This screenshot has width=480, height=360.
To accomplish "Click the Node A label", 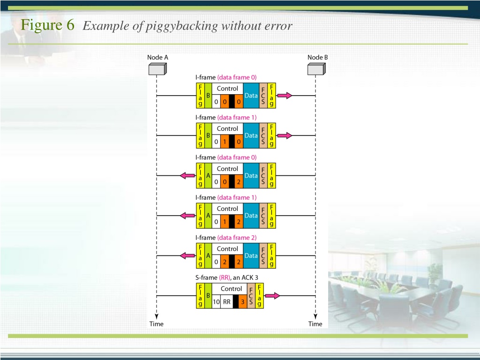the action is (157, 57).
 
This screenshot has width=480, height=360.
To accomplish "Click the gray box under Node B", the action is (316, 69).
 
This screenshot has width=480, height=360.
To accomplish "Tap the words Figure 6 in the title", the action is (47, 25).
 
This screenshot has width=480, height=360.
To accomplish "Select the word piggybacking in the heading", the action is (181, 26).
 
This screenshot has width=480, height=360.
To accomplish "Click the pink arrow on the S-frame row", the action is (272, 296).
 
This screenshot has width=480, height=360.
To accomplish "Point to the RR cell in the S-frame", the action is (227, 301).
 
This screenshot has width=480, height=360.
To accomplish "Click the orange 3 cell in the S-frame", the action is (243, 301).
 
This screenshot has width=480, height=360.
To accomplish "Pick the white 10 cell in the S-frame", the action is (217, 301).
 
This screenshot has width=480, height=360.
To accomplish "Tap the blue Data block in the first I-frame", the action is (251, 96).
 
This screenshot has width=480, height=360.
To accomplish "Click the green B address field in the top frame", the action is (208, 96).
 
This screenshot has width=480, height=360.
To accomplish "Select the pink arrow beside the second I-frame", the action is (285, 135).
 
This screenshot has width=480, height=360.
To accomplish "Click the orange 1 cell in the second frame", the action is (225, 142).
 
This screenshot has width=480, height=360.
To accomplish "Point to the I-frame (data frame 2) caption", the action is (226, 238).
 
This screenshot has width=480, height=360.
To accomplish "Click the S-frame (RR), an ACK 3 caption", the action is (227, 277).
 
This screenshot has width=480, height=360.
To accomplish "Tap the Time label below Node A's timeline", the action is (157, 324).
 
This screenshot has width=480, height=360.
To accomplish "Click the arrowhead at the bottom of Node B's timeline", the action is (315, 316).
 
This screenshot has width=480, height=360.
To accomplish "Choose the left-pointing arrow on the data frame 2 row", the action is (187, 255).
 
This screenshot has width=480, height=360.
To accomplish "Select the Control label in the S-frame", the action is (231, 289).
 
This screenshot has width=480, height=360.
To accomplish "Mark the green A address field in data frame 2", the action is (208, 255).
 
